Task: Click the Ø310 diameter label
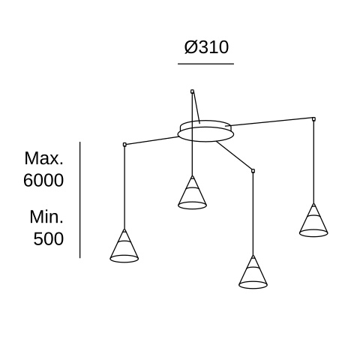coord(206,47)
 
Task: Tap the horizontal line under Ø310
coord(205,64)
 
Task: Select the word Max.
coord(43,158)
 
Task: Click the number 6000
coord(43,180)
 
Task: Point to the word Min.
coord(46,217)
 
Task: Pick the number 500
coord(49,238)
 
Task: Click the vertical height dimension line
coord(80,199)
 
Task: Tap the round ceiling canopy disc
coord(205,131)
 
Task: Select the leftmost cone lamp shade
coord(124,246)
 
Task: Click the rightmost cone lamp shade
coord(313,220)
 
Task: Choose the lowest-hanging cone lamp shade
coord(253,272)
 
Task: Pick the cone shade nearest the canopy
coord(192,192)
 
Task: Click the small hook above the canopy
coord(192,91)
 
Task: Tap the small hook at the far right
coord(313,119)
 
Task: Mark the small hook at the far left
coord(124,144)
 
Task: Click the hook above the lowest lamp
coord(253,171)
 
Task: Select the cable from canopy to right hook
coord(268,122)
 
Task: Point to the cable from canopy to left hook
coord(152,140)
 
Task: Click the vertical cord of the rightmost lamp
coord(313,162)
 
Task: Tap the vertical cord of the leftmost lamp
coord(124,187)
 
